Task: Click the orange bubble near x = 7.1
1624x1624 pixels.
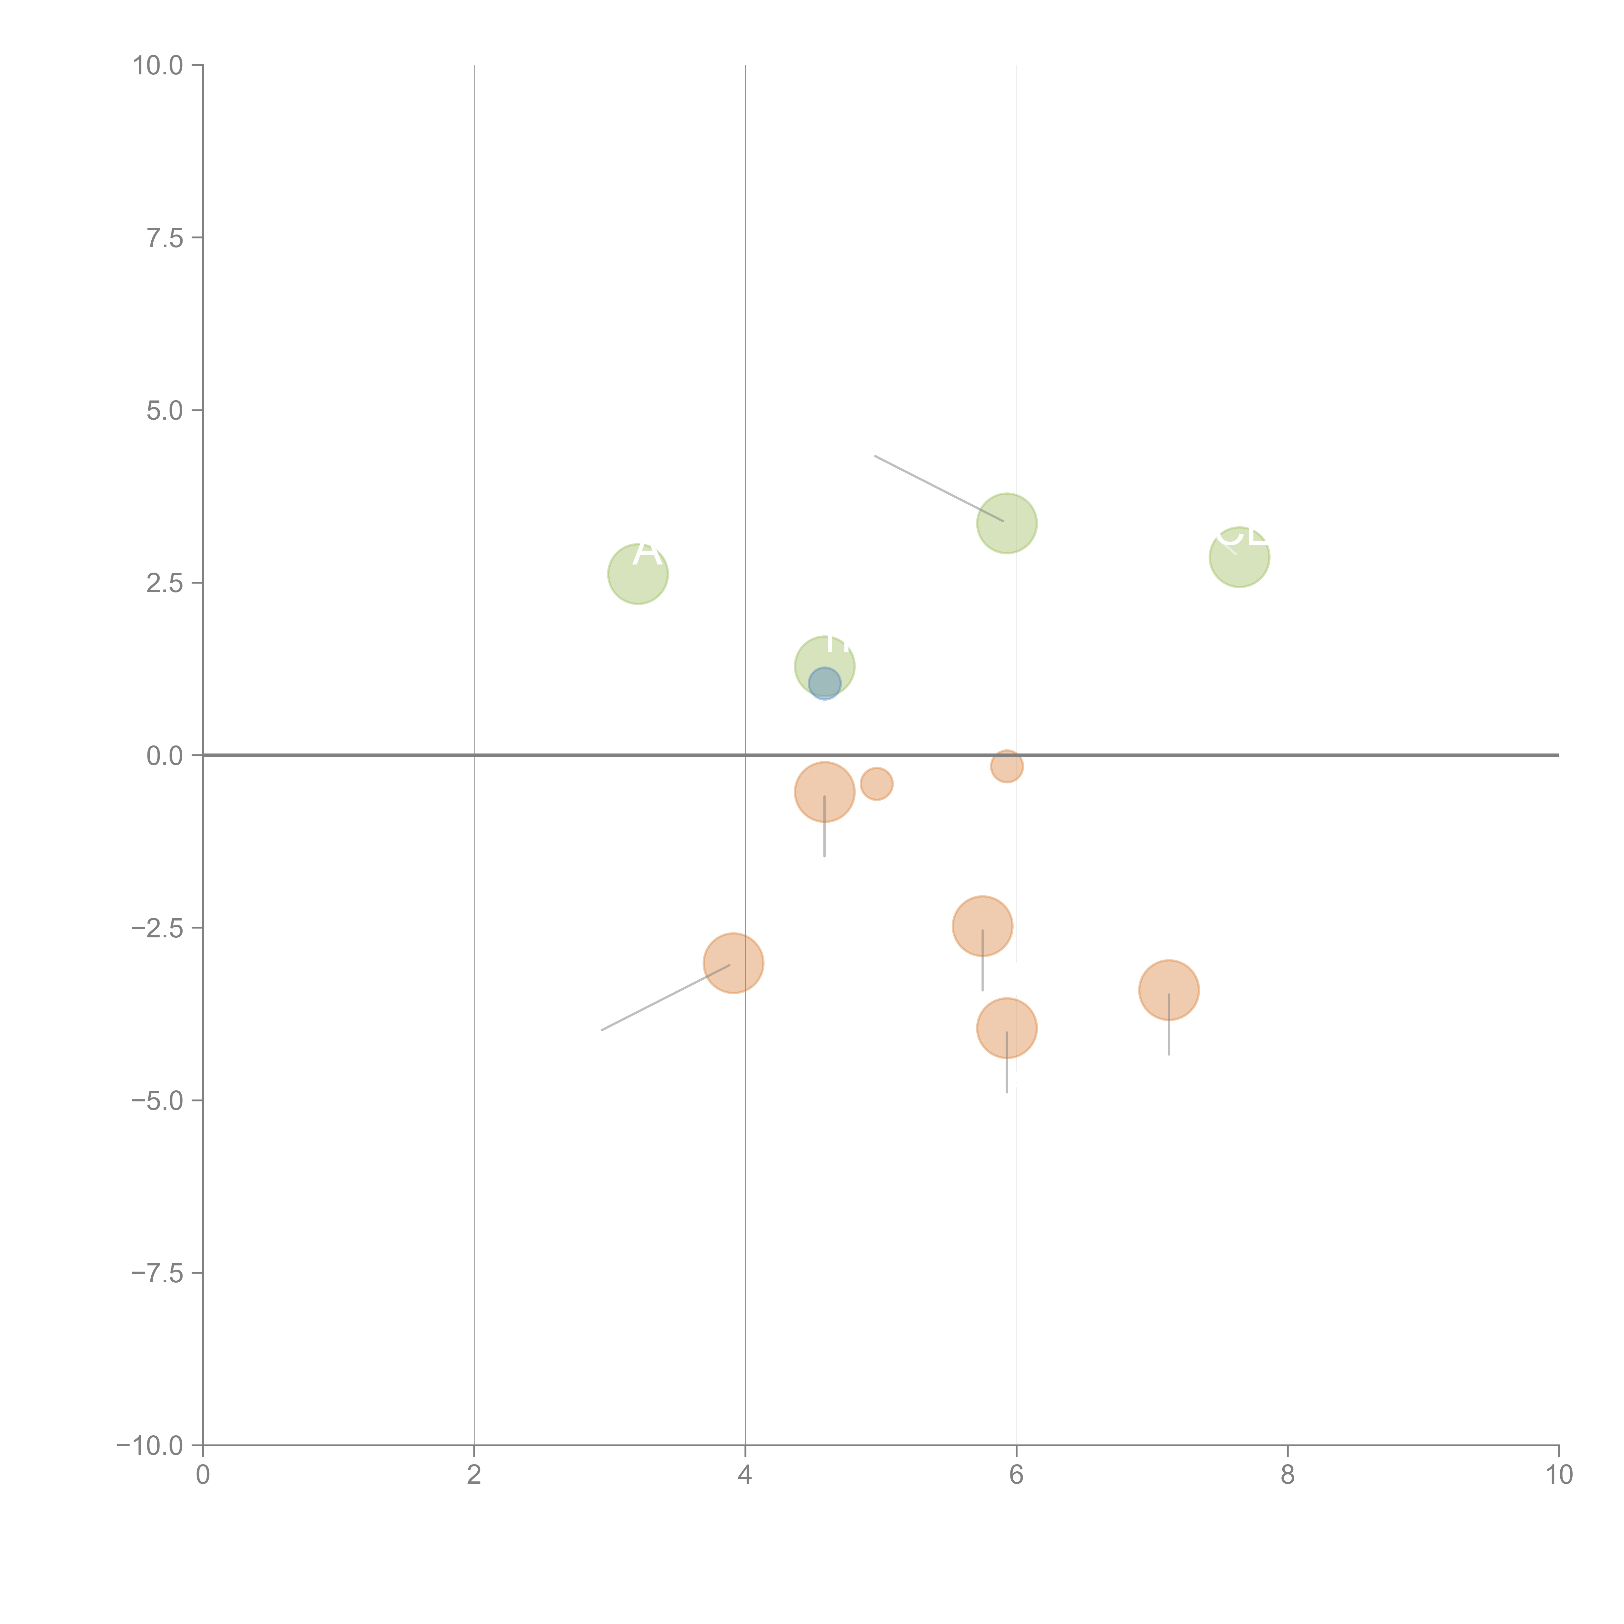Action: [1168, 990]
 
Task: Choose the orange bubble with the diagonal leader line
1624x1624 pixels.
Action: [734, 963]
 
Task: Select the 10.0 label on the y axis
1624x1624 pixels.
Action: [158, 66]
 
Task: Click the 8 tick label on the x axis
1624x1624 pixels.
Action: [1288, 1475]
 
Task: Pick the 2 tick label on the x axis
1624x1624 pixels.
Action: [474, 1475]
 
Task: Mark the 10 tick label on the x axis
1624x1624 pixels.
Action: [1558, 1475]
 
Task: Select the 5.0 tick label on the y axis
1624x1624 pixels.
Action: [165, 411]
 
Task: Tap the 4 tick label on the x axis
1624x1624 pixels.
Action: [746, 1475]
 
